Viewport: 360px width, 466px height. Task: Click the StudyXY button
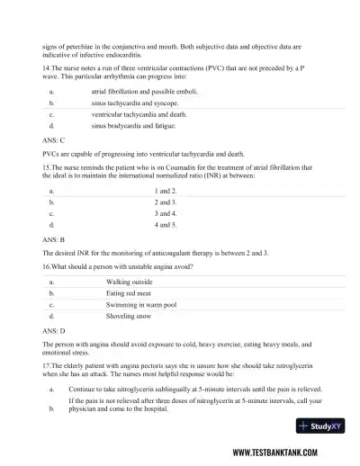pos(316,427)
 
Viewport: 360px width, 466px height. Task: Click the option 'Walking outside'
pos(129,282)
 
